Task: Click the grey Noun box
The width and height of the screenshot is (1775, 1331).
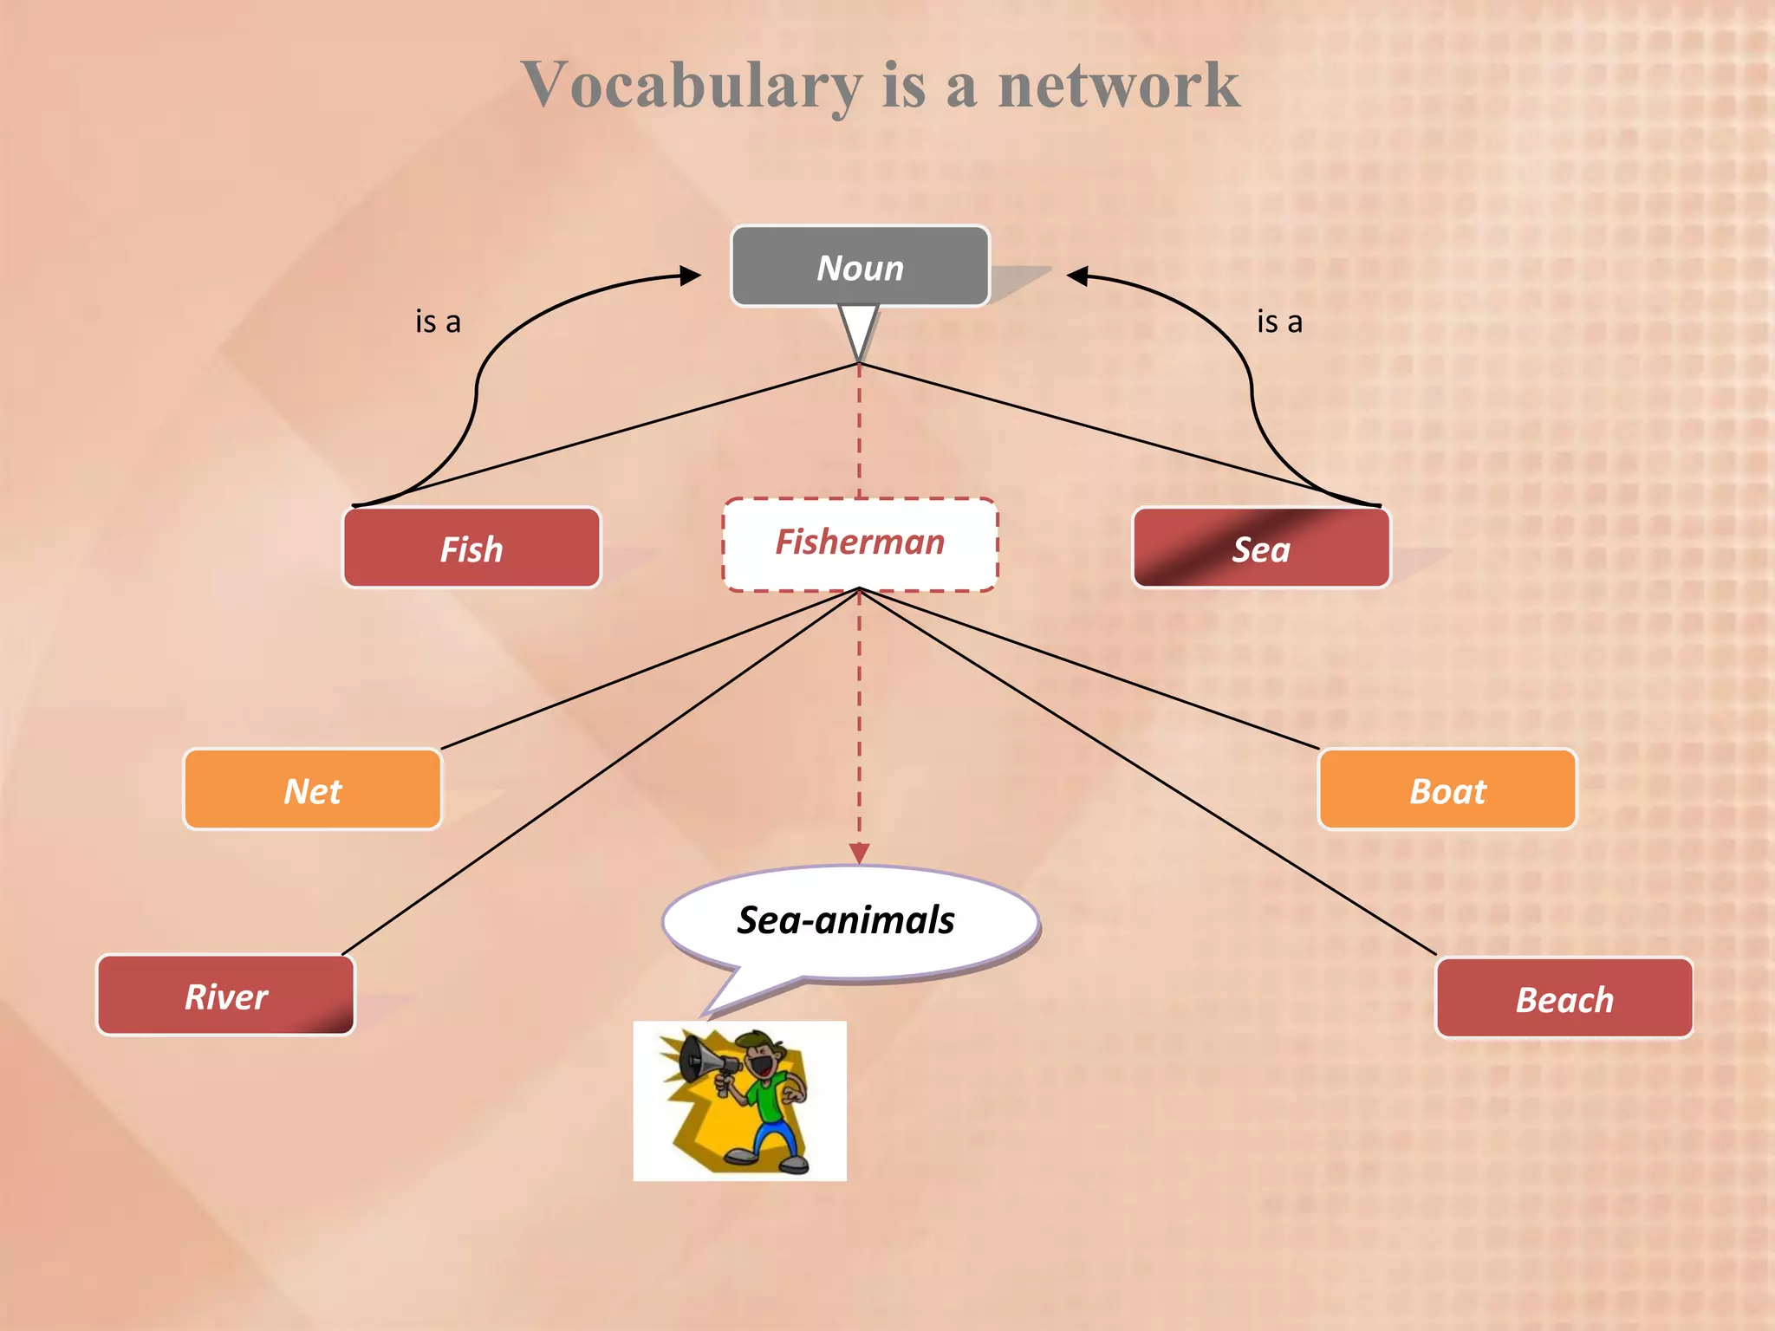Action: (860, 267)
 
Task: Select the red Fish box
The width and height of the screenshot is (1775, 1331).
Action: (471, 549)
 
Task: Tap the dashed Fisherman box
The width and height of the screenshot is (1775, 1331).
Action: (860, 544)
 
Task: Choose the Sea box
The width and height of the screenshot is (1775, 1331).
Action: (1261, 549)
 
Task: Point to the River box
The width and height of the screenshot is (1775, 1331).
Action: (226, 996)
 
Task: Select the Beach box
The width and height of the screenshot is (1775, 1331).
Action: (1564, 998)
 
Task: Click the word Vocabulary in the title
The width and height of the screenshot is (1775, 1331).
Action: (692, 87)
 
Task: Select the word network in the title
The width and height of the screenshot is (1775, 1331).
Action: (1118, 87)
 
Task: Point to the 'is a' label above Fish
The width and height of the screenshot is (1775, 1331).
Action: (438, 322)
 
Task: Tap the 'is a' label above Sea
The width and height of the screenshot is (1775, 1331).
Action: (1279, 322)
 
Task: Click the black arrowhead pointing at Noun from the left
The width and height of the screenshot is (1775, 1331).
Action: (691, 276)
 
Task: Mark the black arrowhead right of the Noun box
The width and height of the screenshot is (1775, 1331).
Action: (1077, 276)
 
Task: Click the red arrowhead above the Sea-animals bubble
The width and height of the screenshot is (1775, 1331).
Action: (859, 854)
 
